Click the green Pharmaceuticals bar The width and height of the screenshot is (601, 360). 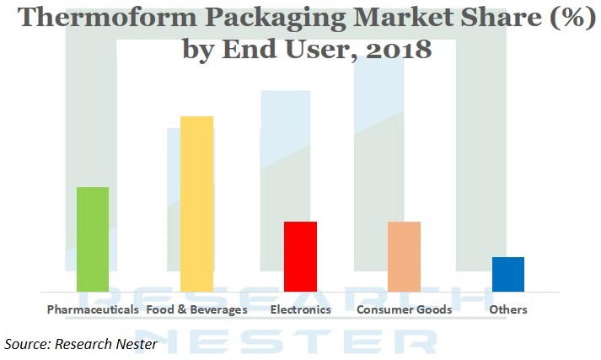(x=93, y=239)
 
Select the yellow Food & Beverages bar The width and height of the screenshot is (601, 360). (x=196, y=204)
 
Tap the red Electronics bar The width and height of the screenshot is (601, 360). (x=301, y=257)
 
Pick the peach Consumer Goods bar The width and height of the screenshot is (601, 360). (x=405, y=257)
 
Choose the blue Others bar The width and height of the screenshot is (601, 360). (x=508, y=275)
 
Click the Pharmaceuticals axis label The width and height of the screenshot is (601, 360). (x=93, y=309)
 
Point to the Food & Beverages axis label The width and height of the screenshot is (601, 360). (x=196, y=309)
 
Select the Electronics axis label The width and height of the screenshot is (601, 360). (x=301, y=309)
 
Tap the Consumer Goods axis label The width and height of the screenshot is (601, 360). (x=405, y=309)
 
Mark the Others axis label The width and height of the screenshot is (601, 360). (x=508, y=309)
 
